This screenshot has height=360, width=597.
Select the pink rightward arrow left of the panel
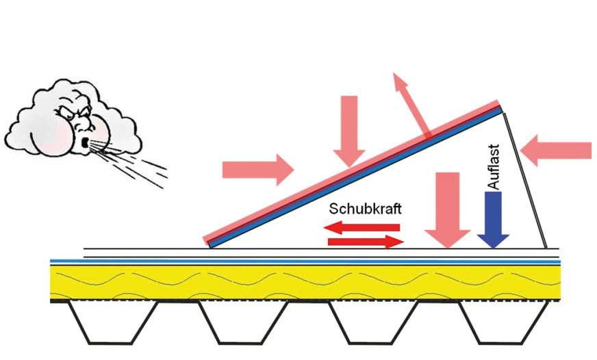257,168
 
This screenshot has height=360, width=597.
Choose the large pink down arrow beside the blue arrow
448,209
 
